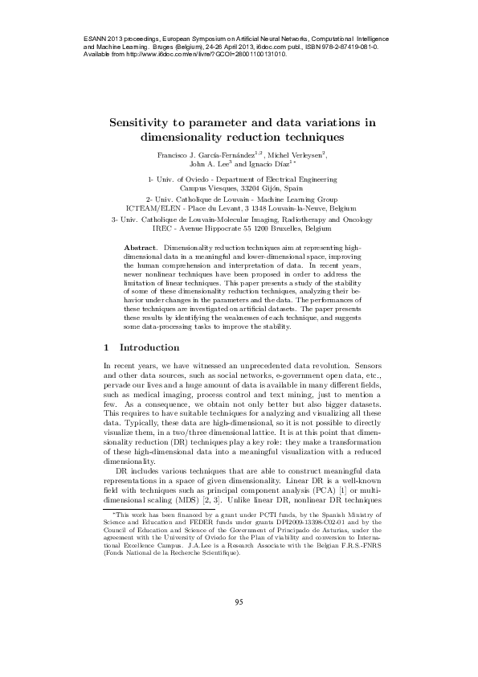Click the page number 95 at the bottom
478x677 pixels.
coord(239,624)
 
